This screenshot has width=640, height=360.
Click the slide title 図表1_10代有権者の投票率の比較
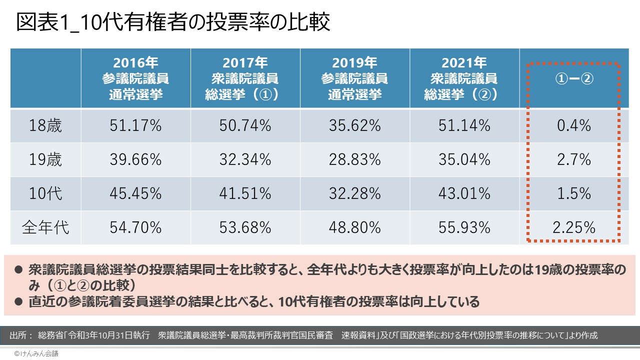pos(173,23)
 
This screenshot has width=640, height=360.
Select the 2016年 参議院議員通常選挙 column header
pos(135,78)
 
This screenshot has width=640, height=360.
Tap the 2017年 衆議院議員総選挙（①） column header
pos(245,78)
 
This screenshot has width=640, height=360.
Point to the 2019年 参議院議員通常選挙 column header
pos(354,78)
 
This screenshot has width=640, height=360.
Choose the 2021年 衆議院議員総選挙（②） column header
pos(464,78)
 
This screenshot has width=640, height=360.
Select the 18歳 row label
pos(45,125)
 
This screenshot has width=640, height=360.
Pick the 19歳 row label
pos(45,159)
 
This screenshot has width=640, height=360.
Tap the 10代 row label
pos(45,193)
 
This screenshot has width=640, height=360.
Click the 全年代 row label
pos(45,227)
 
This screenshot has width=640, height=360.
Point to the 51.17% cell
pos(135,125)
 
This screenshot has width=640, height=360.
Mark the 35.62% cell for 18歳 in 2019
pos(354,125)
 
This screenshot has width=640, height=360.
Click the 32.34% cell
pos(245,159)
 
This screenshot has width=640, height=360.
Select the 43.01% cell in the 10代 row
pos(464,193)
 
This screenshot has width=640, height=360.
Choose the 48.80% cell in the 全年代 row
pos(354,227)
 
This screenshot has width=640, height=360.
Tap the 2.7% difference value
pos(574,159)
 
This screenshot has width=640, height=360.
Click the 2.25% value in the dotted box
pos(574,227)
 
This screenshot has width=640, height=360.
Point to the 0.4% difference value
pos(574,125)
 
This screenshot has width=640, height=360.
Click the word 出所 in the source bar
pos(20,335)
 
